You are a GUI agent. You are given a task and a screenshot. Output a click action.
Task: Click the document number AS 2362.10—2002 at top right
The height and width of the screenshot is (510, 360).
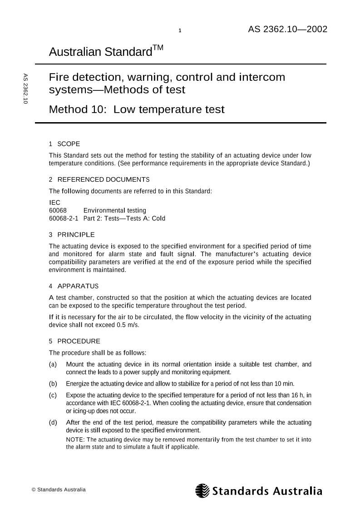287,30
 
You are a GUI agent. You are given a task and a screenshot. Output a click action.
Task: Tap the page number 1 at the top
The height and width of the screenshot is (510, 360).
180,31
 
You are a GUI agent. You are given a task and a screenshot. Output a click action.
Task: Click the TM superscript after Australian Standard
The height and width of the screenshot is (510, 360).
158,48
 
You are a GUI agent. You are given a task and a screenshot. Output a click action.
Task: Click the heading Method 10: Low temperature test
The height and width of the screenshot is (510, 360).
137,109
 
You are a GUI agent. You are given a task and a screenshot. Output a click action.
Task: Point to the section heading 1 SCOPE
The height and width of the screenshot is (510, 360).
64,144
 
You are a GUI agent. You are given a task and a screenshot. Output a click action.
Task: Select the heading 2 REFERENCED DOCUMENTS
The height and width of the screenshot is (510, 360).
99,179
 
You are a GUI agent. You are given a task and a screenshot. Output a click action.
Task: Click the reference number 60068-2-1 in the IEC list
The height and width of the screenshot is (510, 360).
64,218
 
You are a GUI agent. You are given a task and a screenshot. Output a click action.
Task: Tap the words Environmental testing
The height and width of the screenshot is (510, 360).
115,210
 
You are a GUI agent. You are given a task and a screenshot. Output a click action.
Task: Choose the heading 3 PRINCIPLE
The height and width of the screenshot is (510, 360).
72,235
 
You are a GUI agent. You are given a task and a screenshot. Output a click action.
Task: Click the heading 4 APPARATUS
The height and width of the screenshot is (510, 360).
74,286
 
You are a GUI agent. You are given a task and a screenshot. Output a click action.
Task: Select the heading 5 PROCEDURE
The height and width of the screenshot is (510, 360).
74,341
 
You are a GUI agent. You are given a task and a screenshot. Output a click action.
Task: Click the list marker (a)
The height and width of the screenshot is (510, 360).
53,364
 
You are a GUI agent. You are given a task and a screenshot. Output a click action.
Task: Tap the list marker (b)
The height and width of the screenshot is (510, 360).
53,383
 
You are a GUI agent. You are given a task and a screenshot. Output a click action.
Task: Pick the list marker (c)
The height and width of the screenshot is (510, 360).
53,395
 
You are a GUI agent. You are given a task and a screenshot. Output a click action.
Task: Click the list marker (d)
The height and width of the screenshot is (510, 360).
53,423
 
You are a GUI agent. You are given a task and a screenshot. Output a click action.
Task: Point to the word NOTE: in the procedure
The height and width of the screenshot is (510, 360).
75,440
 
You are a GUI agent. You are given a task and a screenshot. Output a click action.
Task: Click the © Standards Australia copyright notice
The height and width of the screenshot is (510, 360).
58,490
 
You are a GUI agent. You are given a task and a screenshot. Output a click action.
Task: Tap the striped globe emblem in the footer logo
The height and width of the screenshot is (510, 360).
202,491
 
